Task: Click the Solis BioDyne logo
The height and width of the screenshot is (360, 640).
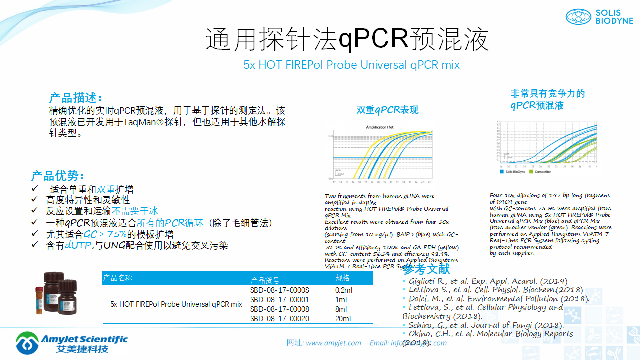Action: click(x=599, y=17)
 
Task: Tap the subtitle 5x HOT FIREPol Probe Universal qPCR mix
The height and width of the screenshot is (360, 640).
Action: click(x=351, y=65)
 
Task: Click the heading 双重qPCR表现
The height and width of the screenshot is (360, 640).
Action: click(x=387, y=110)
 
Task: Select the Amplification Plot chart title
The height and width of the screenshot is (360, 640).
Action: click(x=379, y=127)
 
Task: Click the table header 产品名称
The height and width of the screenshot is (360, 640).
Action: click(x=118, y=278)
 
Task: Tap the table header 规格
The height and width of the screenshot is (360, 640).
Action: click(x=343, y=278)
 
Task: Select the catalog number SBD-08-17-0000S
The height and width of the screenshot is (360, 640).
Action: click(x=279, y=290)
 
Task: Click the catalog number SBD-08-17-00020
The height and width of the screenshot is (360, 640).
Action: click(x=279, y=319)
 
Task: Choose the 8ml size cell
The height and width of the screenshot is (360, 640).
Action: click(x=342, y=309)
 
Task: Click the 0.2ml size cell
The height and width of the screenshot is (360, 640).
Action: click(x=344, y=290)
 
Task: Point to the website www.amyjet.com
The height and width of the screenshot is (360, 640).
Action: click(x=333, y=343)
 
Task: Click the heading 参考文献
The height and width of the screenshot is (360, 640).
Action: click(x=426, y=270)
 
